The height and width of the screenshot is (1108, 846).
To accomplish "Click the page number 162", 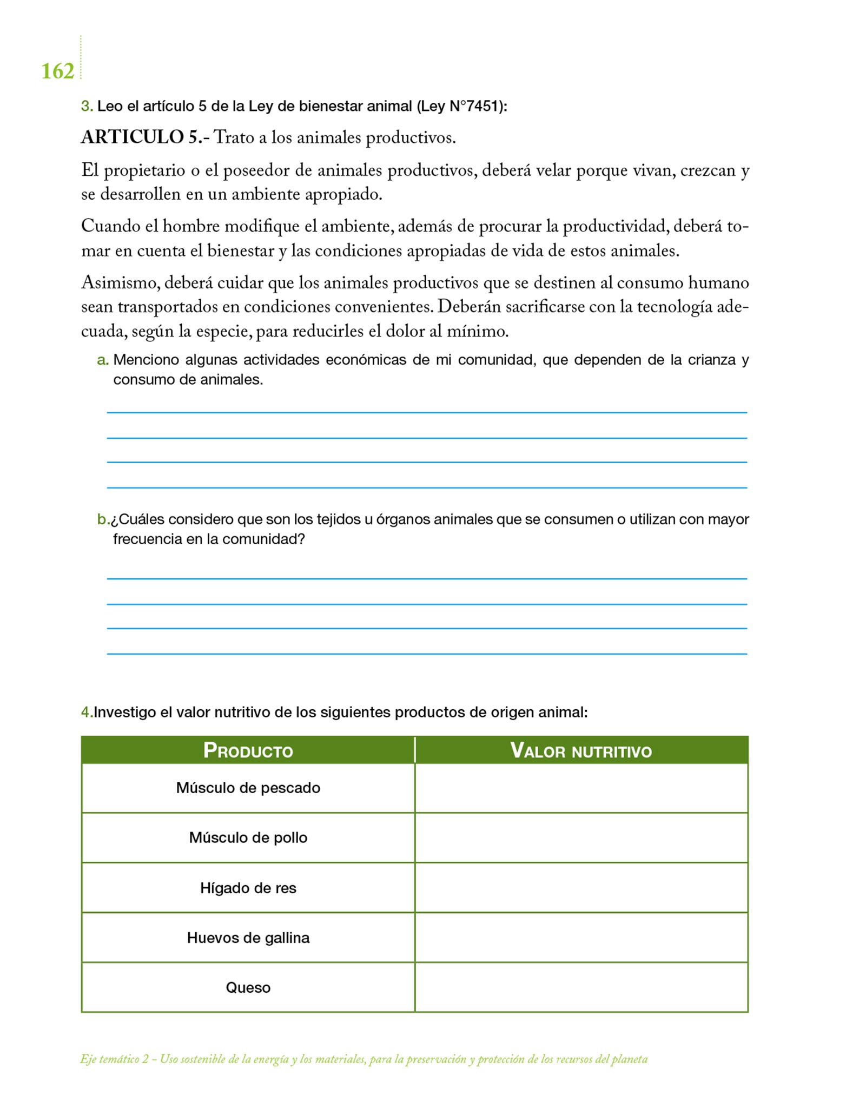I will pyautogui.click(x=57, y=71).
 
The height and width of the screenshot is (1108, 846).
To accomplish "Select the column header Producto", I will pyautogui.click(x=248, y=750).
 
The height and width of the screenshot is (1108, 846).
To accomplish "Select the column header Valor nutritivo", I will pyautogui.click(x=581, y=750).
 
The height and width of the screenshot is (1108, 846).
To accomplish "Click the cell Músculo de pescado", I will pyautogui.click(x=248, y=788).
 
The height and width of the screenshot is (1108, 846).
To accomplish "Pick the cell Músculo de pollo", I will pyautogui.click(x=248, y=837).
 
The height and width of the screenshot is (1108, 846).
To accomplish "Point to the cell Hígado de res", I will pyautogui.click(x=248, y=888).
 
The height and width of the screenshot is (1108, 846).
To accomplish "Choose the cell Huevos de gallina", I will pyautogui.click(x=248, y=938).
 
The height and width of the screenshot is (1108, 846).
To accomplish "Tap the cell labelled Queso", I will pyautogui.click(x=248, y=987).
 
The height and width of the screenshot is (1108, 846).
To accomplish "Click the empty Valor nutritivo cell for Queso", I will pyautogui.click(x=581, y=987).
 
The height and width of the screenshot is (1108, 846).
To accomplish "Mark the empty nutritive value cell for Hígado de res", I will pyautogui.click(x=581, y=888).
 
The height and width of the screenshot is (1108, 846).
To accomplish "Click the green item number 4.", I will pyautogui.click(x=87, y=713).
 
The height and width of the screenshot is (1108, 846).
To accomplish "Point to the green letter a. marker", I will pyautogui.click(x=103, y=360).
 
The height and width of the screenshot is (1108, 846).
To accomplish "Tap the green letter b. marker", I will pyautogui.click(x=103, y=520).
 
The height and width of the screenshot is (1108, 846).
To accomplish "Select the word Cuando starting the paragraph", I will pyautogui.click(x=110, y=226).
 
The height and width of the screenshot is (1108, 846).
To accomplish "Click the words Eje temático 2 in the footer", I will pyautogui.click(x=114, y=1059).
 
